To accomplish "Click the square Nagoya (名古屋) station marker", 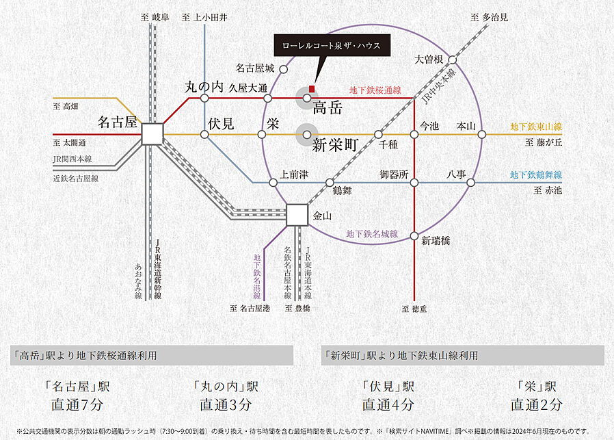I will (152, 134).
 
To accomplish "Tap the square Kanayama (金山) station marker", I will (297, 215).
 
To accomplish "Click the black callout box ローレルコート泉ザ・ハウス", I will (332, 46).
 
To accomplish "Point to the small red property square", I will (311, 88).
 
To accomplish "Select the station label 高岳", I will (327, 107).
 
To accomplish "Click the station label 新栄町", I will (336, 145).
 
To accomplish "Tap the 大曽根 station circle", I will (452, 60).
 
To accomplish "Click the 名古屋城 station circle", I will (283, 68).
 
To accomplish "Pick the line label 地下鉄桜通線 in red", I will (375, 90).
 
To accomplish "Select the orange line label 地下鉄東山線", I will (536, 127).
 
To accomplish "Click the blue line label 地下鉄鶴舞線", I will (536, 175).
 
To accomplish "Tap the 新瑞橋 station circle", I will (414, 236).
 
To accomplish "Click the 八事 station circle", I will (470, 182).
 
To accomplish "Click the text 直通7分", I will (77, 404).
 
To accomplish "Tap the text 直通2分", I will (537, 404).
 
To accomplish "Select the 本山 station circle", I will (481, 134).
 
